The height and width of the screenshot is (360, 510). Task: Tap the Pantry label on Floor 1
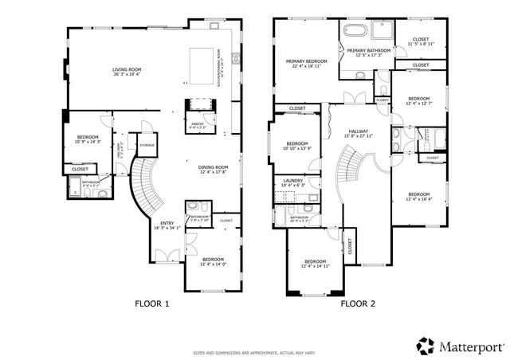click(197, 125)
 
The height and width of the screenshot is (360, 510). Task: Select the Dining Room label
click(212, 168)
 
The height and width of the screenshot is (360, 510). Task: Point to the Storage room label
click(147, 145)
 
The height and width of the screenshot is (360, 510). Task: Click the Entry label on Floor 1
click(167, 225)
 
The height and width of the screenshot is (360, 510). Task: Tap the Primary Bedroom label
click(307, 63)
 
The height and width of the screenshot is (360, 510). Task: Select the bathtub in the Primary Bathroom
click(355, 32)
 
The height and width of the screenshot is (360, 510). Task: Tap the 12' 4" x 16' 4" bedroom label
click(418, 198)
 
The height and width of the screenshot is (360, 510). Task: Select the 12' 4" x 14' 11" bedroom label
click(315, 264)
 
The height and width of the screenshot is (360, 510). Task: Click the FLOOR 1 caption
click(153, 303)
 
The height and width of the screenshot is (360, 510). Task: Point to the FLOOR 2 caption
click(358, 303)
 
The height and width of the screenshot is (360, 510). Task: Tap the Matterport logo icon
click(425, 346)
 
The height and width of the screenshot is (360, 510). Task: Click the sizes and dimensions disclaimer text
click(254, 352)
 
